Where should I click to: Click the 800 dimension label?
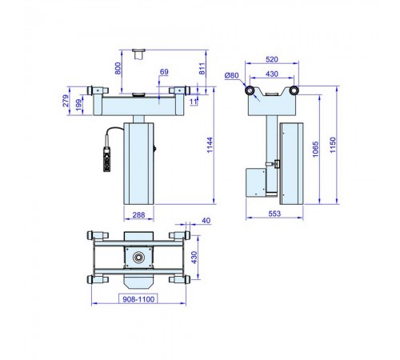pos(118,69)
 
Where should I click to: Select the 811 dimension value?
pos(202,69)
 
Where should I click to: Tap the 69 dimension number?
pos(164,72)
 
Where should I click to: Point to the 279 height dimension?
pos(66,101)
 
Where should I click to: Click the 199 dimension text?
pos(79,105)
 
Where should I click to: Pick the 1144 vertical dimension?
pos(210,145)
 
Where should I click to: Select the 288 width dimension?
pos(138,214)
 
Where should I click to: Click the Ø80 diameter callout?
pos(231,75)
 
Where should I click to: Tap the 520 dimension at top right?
pos(272,59)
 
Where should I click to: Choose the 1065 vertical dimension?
pos(315,150)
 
